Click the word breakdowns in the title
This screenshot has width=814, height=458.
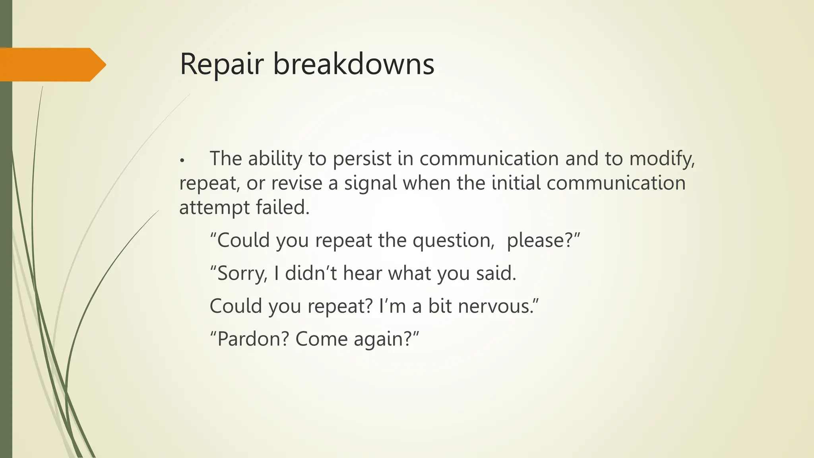pos(354,64)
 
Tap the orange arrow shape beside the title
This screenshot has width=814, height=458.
pos(52,64)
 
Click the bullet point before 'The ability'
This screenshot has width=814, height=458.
pos(182,160)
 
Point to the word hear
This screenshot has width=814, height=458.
pos(362,273)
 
